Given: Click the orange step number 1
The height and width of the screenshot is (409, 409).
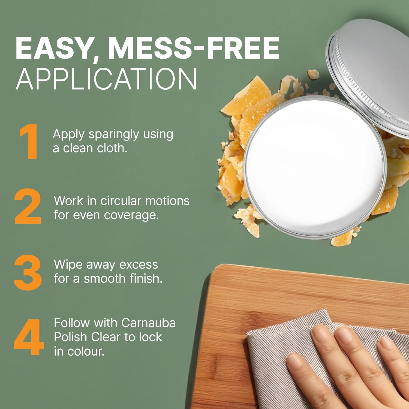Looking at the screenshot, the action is (29, 141).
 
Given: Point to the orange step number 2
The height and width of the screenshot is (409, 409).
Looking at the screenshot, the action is (28, 206).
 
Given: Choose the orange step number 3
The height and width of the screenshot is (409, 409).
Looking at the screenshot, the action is (28, 272).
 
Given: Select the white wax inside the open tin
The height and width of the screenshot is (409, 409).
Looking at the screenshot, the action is (315, 166).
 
